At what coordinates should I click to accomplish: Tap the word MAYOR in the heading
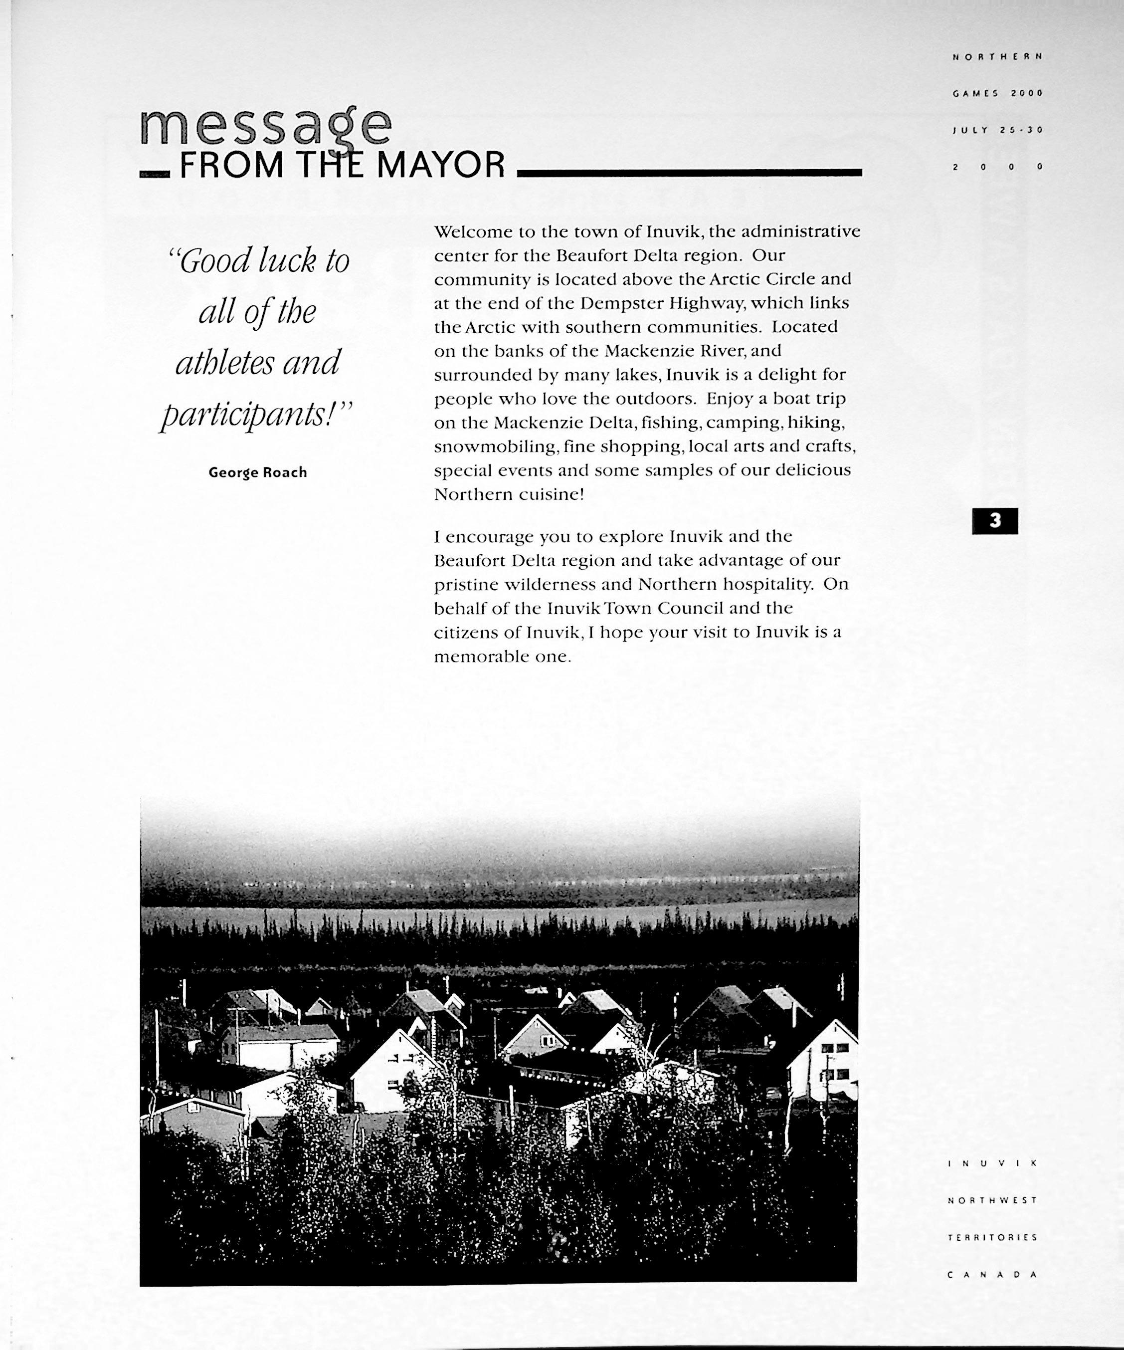pyautogui.click(x=440, y=166)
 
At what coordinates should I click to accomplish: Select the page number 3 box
pyautogui.click(x=995, y=521)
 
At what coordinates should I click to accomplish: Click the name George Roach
pyautogui.click(x=258, y=472)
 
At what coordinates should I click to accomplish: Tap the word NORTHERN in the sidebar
pyautogui.click(x=997, y=56)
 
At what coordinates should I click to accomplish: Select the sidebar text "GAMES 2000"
pyautogui.click(x=997, y=93)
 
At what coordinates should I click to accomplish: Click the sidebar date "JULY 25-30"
pyautogui.click(x=997, y=130)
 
